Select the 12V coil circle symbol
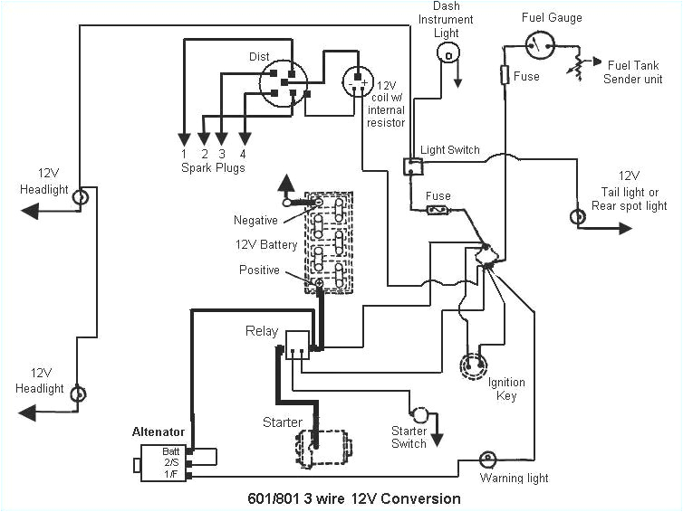tap(360, 82)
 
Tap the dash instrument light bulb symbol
tap(446, 54)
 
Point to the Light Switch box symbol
tap(412, 166)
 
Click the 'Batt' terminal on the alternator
tap(171, 450)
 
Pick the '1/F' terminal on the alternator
tap(171, 471)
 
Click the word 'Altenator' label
tap(159, 432)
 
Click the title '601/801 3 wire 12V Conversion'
tap(353, 498)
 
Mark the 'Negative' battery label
tap(255, 220)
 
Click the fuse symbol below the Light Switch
tap(438, 210)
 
